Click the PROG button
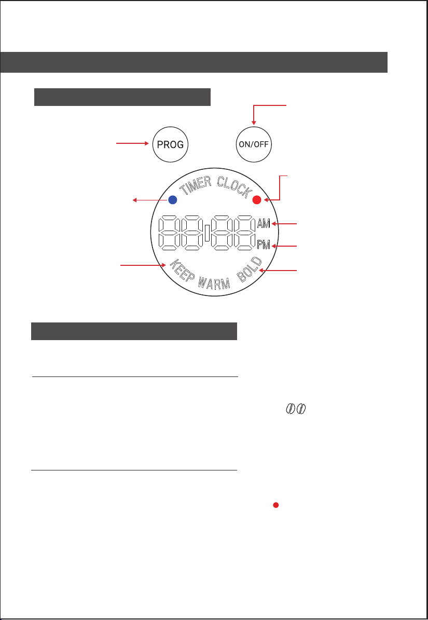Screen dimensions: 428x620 coord(170,144)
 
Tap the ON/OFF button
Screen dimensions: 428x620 coord(254,144)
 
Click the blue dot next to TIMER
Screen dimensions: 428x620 coord(172,200)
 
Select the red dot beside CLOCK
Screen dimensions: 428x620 coord(257,200)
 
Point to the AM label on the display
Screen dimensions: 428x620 coord(264,224)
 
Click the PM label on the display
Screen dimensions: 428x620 coord(264,245)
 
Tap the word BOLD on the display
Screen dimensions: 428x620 coord(251,269)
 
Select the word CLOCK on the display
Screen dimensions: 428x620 coord(234,187)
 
